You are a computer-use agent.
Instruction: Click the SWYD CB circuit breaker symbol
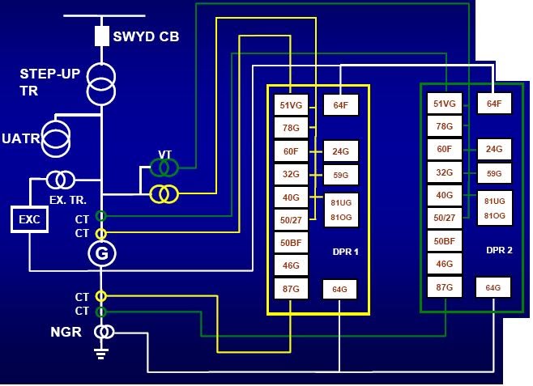pyautogui.click(x=102, y=36)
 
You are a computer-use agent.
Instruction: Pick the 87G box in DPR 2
pyautogui.click(x=444, y=286)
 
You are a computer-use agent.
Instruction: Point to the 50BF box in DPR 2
pyautogui.click(x=444, y=241)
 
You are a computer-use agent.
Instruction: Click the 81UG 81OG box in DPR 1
pyautogui.click(x=339, y=207)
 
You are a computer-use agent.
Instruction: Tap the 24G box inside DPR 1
pyautogui.click(x=339, y=150)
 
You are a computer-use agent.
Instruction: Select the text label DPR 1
pyautogui.click(x=345, y=252)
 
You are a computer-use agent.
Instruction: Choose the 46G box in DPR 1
pyautogui.click(x=289, y=265)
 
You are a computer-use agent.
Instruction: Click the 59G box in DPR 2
pyautogui.click(x=493, y=173)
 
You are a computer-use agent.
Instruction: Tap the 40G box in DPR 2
pyautogui.click(x=444, y=195)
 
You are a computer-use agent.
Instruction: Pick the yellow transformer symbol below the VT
pyautogui.click(x=164, y=193)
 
